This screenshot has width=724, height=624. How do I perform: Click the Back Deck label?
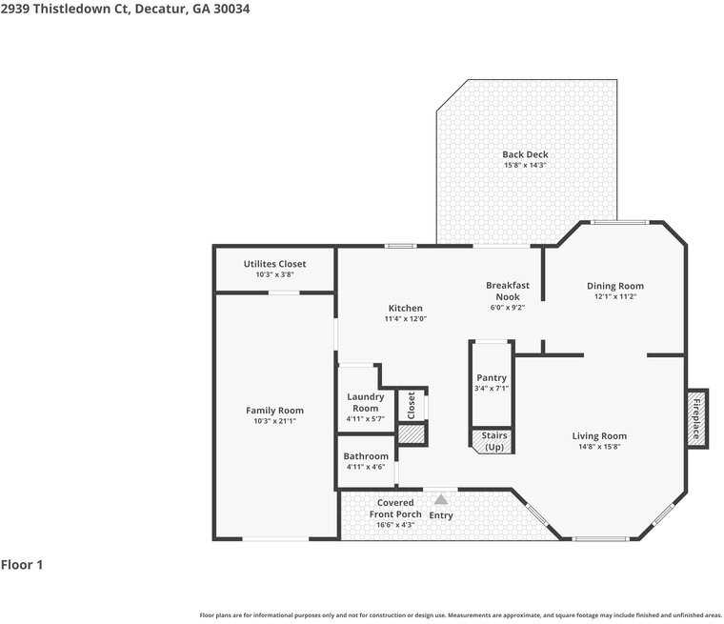[x=525, y=154]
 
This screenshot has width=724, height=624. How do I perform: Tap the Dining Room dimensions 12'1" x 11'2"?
[x=614, y=297]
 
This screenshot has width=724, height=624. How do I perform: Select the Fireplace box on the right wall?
[x=696, y=417]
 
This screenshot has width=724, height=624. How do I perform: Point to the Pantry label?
[x=492, y=378]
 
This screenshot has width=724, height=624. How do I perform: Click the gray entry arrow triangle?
[x=440, y=498]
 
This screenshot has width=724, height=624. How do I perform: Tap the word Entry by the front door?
[x=441, y=515]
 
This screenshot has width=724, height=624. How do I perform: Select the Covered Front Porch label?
[x=395, y=508]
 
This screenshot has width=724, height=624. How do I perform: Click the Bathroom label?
[x=366, y=456]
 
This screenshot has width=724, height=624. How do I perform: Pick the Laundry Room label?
[x=366, y=402]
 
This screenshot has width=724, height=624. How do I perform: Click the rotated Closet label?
[x=412, y=405]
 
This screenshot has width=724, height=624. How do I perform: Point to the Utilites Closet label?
[x=274, y=264]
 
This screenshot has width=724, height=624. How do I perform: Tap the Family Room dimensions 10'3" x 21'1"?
[x=274, y=421]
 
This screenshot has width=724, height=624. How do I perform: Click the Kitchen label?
[x=405, y=308]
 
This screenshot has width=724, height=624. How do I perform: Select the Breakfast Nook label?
[x=507, y=291]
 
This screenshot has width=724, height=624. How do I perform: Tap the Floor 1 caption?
[x=22, y=565]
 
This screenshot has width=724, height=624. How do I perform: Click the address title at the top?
[x=125, y=9]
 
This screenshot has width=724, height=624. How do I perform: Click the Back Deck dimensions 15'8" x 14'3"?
[x=525, y=166]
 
